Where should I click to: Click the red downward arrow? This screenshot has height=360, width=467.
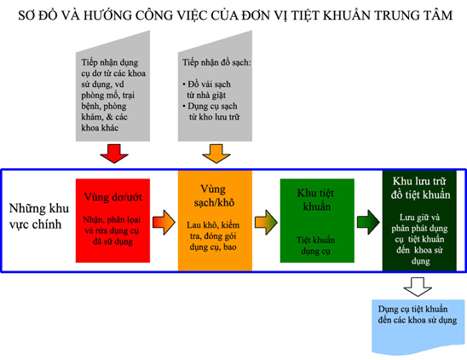114,154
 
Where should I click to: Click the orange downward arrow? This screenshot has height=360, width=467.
216,154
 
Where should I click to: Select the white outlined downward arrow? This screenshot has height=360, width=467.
418,287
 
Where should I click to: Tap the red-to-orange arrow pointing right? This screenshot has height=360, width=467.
164,222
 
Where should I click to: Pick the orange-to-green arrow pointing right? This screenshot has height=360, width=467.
266,222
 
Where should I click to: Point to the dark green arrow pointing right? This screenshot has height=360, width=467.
368,222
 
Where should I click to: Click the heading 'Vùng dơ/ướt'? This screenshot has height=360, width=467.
112,197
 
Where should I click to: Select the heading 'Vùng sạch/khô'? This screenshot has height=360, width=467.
214,195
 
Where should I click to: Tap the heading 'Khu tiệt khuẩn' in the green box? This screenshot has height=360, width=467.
316,200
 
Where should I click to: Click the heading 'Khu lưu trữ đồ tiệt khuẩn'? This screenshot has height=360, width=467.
420,188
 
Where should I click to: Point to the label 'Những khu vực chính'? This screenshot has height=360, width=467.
38,216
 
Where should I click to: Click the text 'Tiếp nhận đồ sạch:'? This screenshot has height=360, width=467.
216,62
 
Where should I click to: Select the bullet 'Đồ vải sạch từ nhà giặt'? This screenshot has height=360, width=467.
207,90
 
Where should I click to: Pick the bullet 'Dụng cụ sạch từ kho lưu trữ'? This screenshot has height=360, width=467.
211,111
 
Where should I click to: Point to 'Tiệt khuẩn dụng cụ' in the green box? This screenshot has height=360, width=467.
315,246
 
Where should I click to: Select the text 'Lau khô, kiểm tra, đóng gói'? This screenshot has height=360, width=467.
213,230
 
